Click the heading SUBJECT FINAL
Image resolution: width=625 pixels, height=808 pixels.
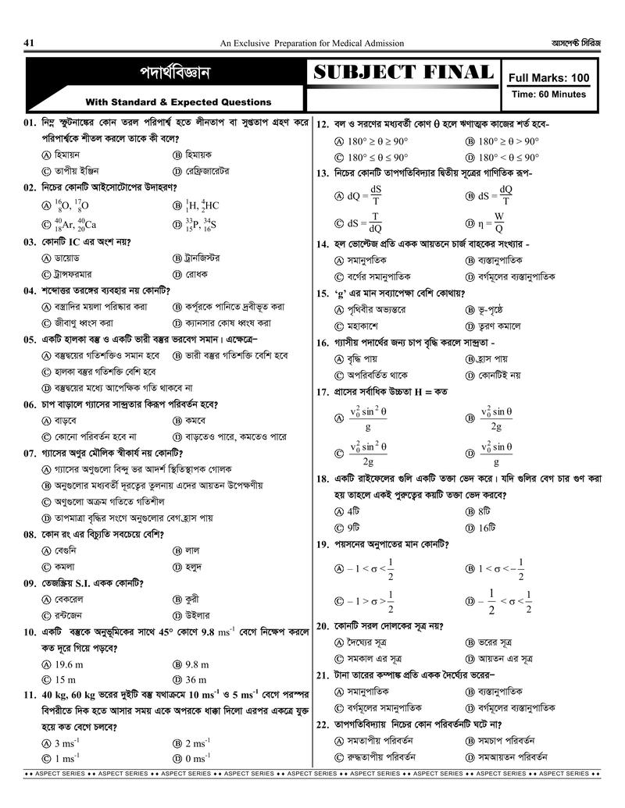pos(403,73)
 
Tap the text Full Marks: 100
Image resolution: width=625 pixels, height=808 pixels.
pos(548,78)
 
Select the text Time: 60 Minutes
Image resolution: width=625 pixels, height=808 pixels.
pos(548,94)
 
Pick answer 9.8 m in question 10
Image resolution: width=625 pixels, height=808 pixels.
pos(199,664)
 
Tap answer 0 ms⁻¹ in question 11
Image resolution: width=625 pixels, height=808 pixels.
pos(198,759)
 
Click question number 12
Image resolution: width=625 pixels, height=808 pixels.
pos(323,124)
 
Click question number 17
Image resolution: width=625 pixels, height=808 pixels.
pos(323,392)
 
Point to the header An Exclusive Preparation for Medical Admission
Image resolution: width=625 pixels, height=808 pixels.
pos(312,43)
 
